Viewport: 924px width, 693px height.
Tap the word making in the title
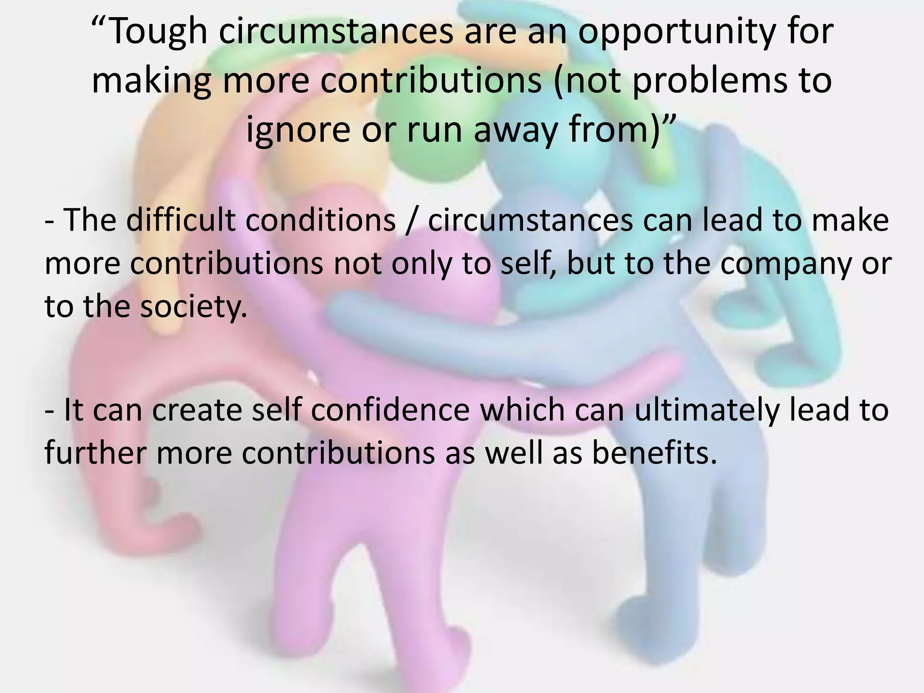[x=152, y=81]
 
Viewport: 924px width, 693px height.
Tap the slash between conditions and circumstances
[x=411, y=221]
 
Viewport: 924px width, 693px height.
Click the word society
[x=194, y=307]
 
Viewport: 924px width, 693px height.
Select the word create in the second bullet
[x=198, y=411]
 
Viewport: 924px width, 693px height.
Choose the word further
[x=95, y=453]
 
